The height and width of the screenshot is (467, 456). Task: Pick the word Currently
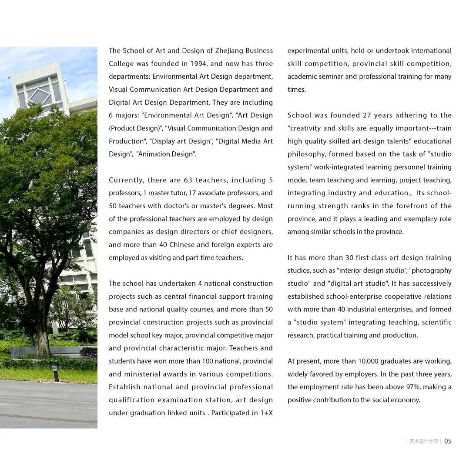tap(126, 180)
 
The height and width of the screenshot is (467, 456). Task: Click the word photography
tap(431, 270)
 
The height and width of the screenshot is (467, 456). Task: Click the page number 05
tap(448, 441)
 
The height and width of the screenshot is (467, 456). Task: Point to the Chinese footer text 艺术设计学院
tap(424, 441)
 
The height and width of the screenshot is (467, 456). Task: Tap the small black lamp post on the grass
tap(55, 373)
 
